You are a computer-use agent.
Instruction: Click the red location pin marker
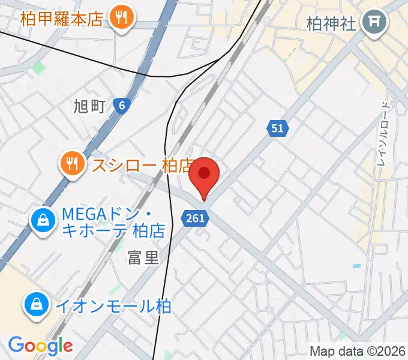click(204, 175)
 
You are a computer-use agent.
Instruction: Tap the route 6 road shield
click(122, 106)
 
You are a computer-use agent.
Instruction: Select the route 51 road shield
click(277, 128)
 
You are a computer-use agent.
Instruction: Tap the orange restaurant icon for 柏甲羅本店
click(122, 19)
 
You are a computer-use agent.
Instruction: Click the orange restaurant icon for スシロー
click(72, 164)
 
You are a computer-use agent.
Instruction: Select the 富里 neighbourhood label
click(143, 258)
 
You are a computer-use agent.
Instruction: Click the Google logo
click(40, 346)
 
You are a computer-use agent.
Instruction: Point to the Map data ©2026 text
click(358, 351)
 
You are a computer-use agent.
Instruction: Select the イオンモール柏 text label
click(113, 307)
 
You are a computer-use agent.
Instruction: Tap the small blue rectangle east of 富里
click(357, 265)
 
